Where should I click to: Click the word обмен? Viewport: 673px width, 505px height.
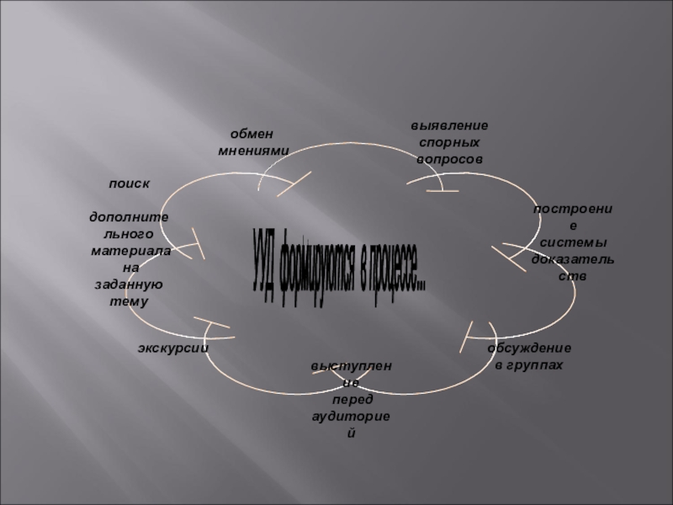[253, 135]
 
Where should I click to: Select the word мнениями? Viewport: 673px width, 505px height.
[253, 151]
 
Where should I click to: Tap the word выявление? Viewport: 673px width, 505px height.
[449, 125]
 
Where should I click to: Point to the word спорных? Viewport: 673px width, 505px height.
[449, 142]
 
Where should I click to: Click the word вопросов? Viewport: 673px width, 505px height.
[449, 158]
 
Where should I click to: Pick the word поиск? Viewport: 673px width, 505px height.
[129, 183]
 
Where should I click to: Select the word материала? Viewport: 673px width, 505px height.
[131, 252]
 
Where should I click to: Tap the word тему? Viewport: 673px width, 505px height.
[129, 301]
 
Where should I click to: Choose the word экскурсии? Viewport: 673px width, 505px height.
[173, 348]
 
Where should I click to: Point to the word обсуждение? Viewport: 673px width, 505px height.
[529, 348]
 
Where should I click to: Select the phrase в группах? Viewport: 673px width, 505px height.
[529, 364]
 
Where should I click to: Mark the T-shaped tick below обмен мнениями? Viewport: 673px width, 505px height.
[295, 183]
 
